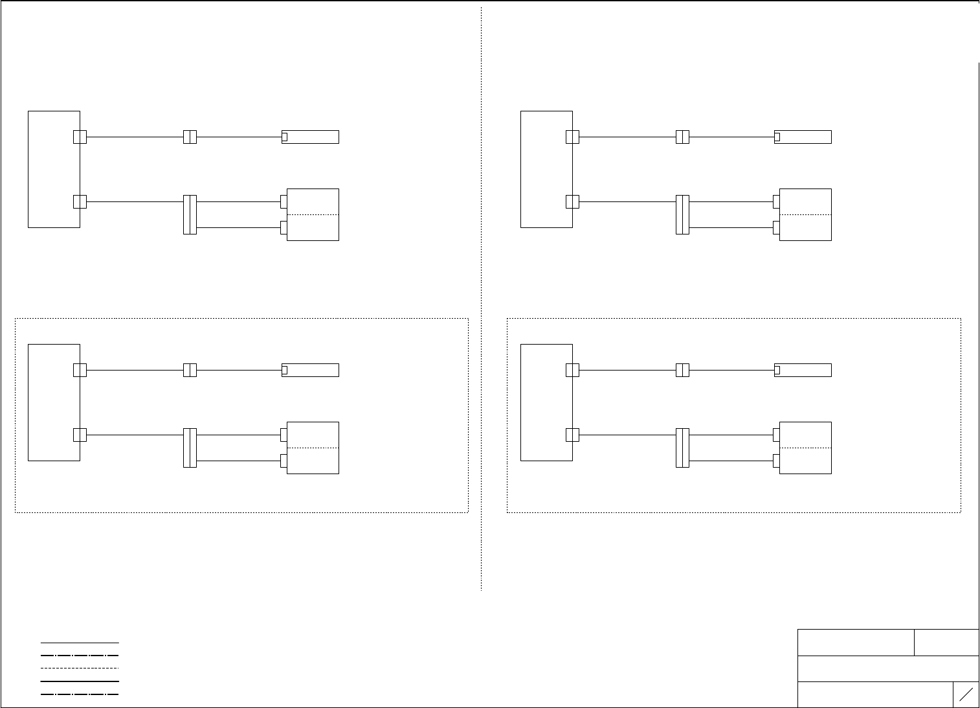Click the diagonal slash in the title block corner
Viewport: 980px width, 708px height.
tap(966, 694)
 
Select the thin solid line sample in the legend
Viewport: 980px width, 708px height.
tap(80, 643)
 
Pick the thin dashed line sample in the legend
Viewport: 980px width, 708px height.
tap(80, 668)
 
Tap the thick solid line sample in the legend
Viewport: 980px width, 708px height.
tap(80, 681)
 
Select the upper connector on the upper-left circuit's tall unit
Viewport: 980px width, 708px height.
tap(80, 137)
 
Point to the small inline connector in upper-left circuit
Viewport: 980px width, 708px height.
tap(190, 137)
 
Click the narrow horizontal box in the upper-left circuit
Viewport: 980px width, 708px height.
tap(311, 137)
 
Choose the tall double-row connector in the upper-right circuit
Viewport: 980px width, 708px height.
tap(682, 214)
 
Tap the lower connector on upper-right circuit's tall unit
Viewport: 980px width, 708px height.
tap(572, 201)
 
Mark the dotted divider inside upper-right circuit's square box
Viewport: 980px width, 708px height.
tap(805, 214)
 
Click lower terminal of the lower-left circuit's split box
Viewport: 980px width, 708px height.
tap(284, 461)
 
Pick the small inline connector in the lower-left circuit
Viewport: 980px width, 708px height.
tap(190, 370)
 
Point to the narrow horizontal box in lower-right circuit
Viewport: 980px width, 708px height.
tap(803, 370)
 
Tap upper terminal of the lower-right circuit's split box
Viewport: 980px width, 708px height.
tap(776, 435)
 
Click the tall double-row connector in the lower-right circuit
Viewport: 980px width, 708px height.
tap(682, 448)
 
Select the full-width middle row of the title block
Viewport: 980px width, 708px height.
tap(888, 668)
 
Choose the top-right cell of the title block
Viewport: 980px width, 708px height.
tap(946, 642)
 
